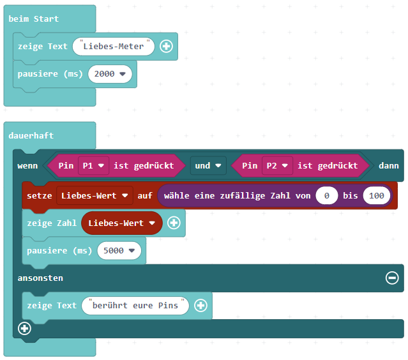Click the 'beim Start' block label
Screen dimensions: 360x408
pos(33,19)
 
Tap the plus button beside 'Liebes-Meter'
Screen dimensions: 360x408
pos(167,46)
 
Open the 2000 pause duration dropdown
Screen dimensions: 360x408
pos(110,73)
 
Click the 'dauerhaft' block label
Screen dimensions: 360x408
pos(31,135)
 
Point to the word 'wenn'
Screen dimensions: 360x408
pos(27,165)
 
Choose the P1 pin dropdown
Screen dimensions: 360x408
pos(93,165)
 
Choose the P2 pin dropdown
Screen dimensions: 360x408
pos(276,165)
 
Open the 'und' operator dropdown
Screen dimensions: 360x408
pos(209,165)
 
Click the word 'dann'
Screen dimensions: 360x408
pos(388,165)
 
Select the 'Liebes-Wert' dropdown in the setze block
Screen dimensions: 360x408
pos(94,195)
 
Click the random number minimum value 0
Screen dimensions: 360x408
pos(326,195)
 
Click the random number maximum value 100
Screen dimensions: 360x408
pos(377,195)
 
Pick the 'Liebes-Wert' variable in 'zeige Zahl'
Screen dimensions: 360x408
pos(121,223)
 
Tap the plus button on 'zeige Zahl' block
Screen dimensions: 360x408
pos(174,223)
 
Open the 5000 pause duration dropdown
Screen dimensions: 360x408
pos(118,250)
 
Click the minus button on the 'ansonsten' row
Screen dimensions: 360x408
pos(392,278)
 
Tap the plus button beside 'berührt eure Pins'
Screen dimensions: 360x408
pos(200,305)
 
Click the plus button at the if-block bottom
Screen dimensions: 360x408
pos(24,328)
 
